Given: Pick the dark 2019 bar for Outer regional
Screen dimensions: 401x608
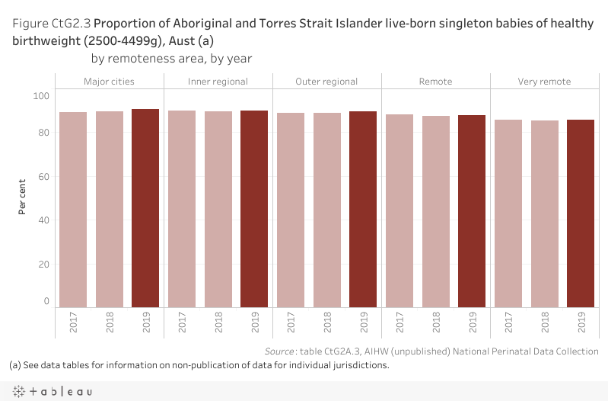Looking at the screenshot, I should click(363, 210).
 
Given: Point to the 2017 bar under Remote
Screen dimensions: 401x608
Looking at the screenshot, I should click(399, 211).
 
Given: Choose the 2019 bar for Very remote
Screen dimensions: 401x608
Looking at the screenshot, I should click(581, 213).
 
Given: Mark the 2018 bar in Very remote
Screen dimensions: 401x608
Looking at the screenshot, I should click(544, 213).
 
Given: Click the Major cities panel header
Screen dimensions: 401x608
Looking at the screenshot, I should click(110, 82).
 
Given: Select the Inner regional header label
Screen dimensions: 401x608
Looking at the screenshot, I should click(218, 82).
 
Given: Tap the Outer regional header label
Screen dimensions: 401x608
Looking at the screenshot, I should click(327, 82).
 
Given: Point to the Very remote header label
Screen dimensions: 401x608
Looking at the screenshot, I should click(544, 82).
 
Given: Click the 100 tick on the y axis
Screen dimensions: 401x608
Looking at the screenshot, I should click(41, 95).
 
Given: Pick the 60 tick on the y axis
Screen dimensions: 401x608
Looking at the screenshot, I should click(43, 177).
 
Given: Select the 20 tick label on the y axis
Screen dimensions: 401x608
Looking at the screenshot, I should click(43, 265).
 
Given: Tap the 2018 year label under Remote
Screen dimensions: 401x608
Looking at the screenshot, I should click(436, 322).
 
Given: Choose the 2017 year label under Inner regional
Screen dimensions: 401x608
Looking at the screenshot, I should click(183, 322).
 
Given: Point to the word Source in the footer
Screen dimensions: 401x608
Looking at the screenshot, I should click(279, 351).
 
